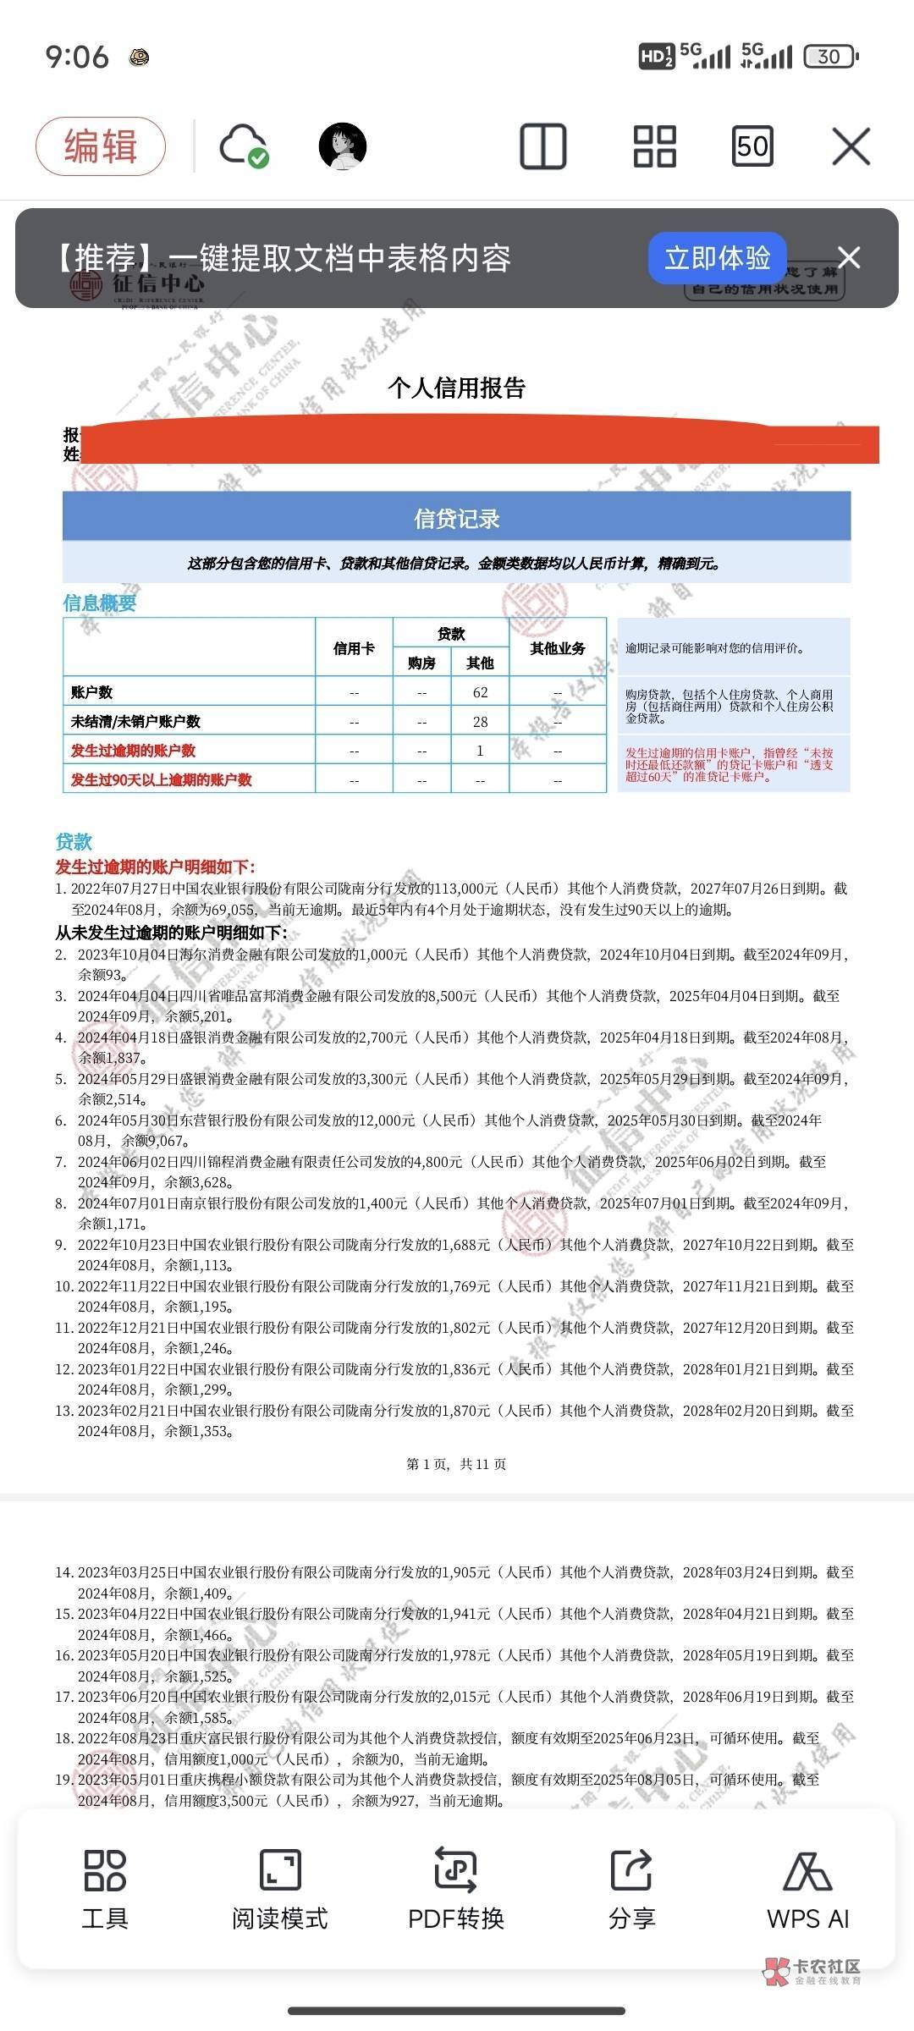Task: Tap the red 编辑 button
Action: (x=101, y=146)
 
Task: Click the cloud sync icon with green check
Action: (x=244, y=146)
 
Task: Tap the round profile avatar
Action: (x=342, y=146)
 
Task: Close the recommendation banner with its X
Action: (x=848, y=257)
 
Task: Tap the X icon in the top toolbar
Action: (x=851, y=147)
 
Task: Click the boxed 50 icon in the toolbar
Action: (x=752, y=146)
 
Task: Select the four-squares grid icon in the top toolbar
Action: (x=654, y=146)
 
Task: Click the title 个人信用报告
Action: (x=457, y=388)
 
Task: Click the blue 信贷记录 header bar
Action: (x=457, y=518)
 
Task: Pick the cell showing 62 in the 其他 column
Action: (x=480, y=692)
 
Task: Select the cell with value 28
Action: (x=480, y=722)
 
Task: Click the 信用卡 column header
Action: (x=354, y=648)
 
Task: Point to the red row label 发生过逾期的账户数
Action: (x=134, y=751)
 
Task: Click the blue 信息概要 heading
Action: (x=99, y=603)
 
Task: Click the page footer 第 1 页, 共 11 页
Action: (x=456, y=1464)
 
